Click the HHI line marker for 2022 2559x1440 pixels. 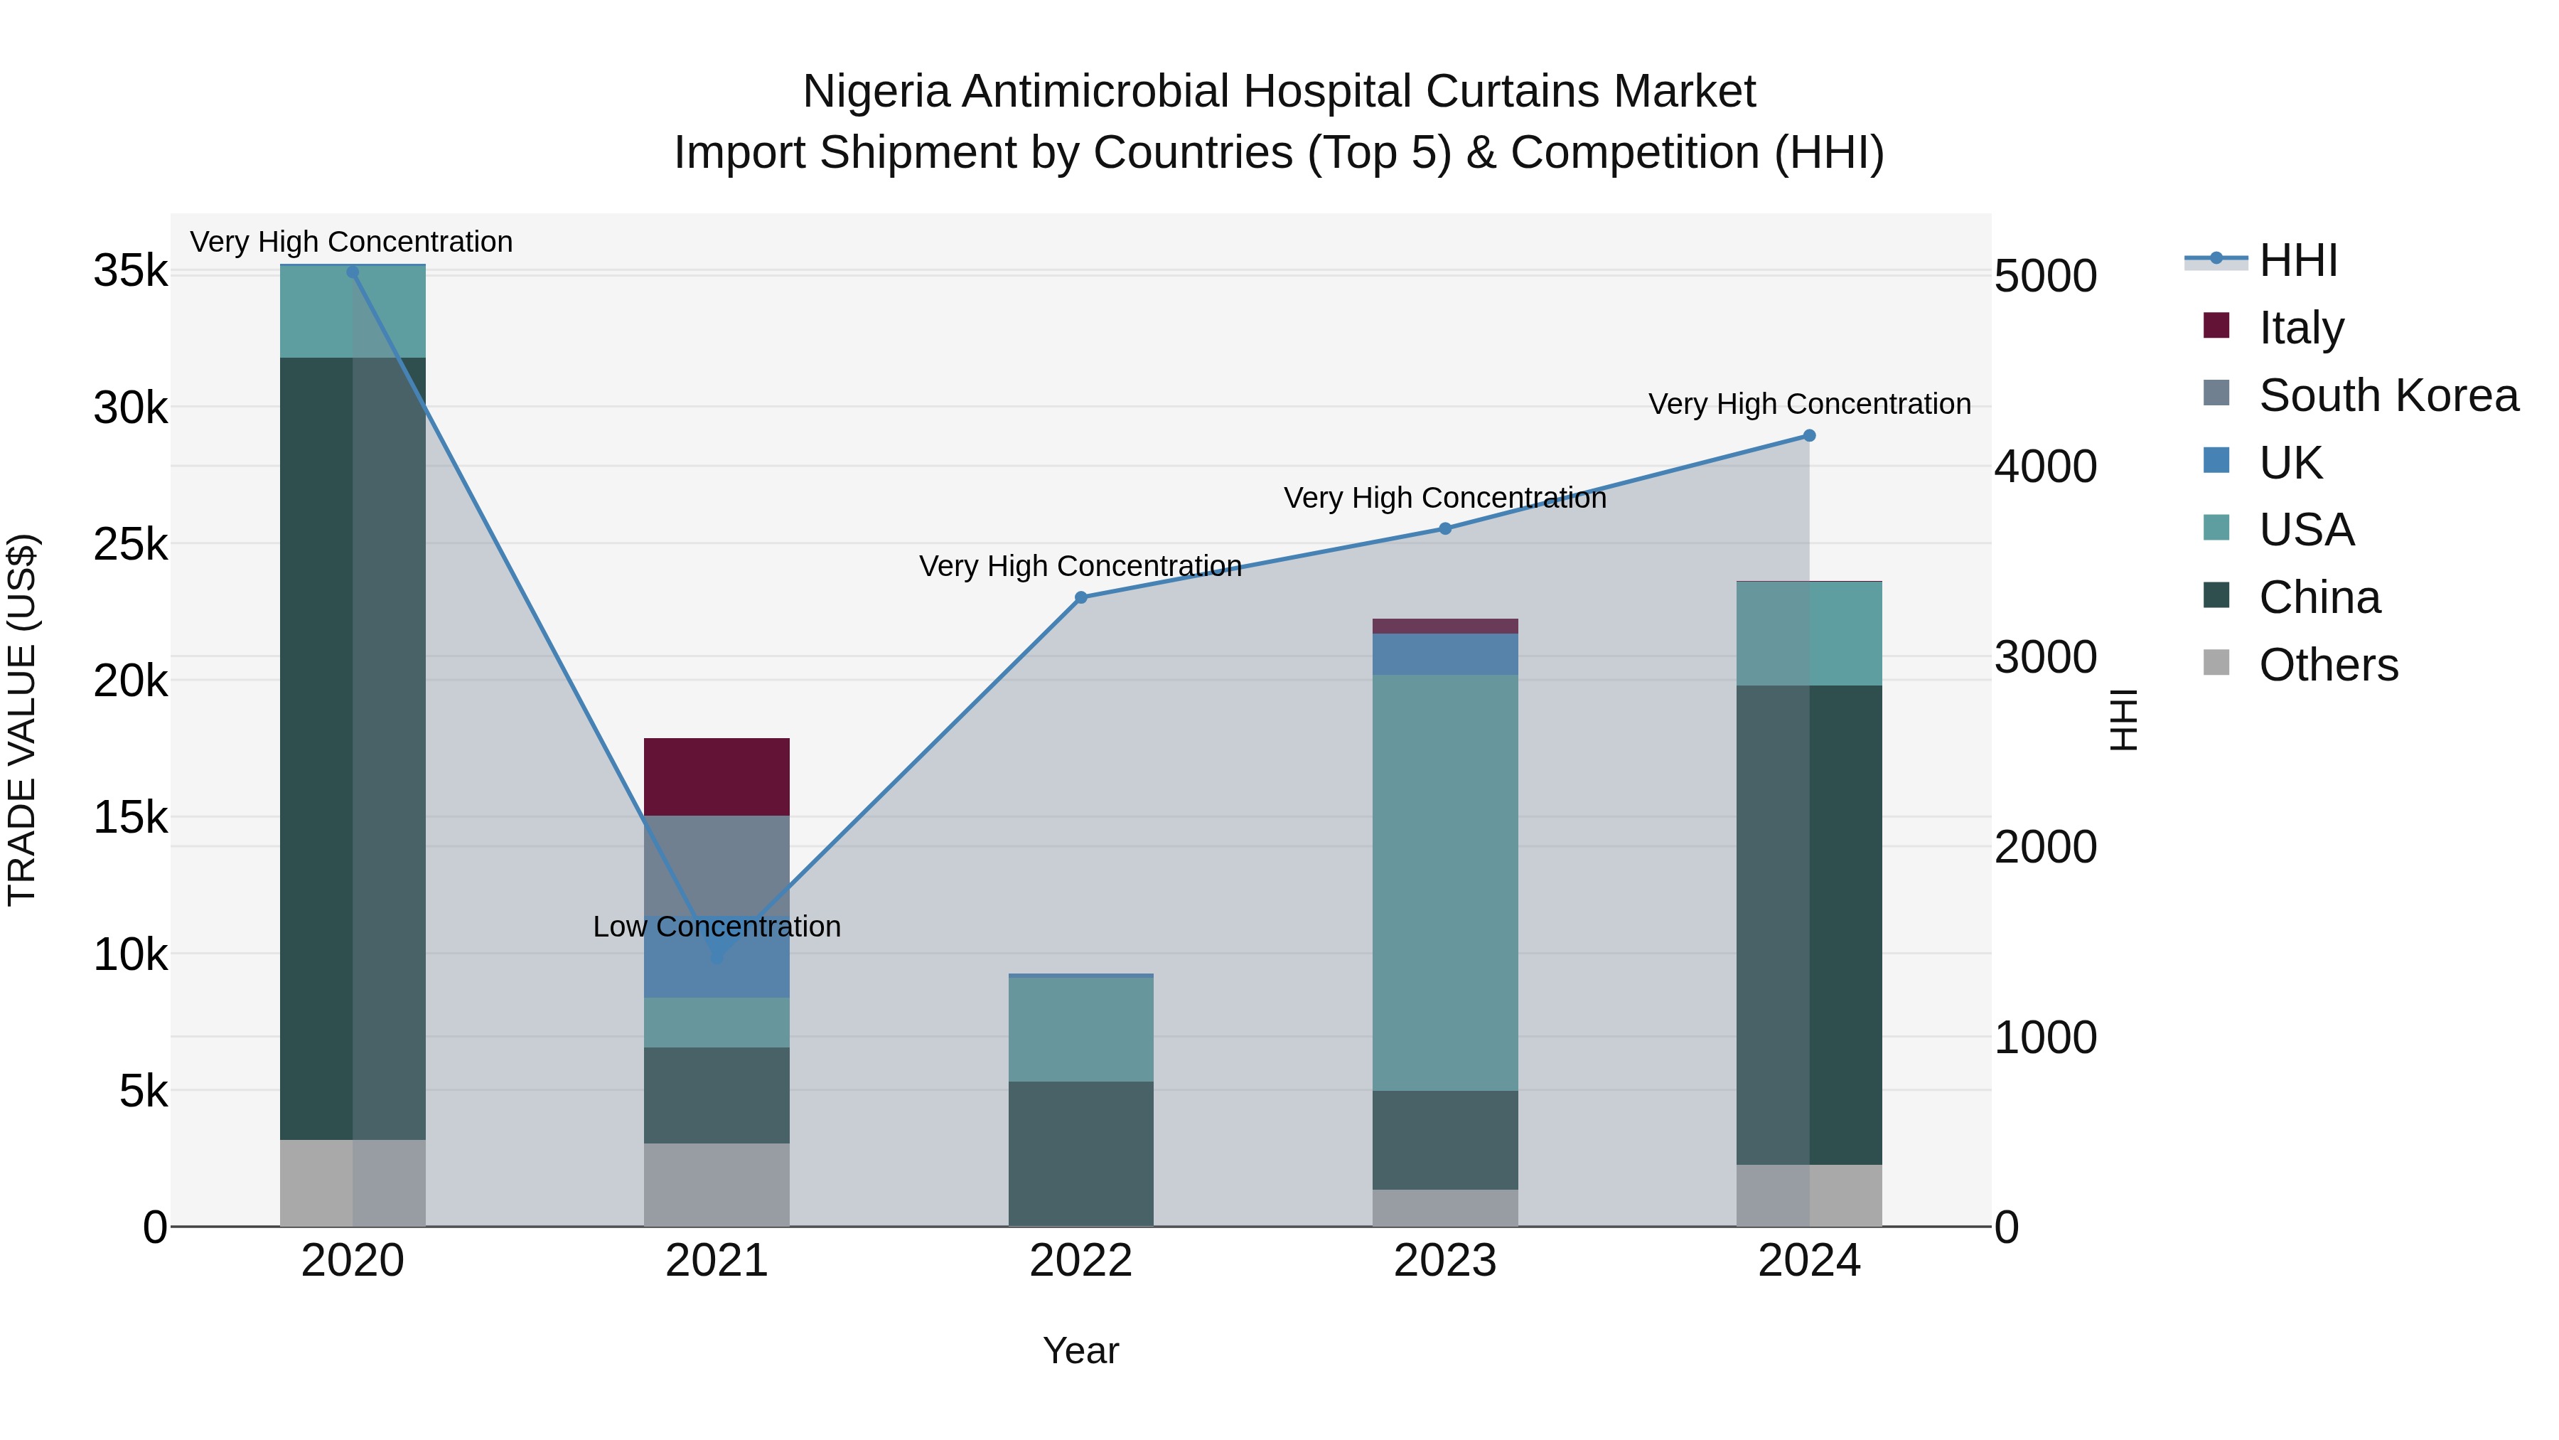point(1080,597)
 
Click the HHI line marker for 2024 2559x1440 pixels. point(1809,435)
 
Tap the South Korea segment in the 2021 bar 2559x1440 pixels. point(717,863)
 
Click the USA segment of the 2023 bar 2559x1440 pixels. point(1444,882)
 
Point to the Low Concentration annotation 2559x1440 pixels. point(717,926)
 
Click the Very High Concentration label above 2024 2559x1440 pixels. point(1809,405)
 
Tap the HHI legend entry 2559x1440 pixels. point(2297,260)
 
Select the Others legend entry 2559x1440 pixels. point(2327,665)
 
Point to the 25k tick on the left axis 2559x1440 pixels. point(130,543)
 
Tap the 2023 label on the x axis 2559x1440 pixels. point(1444,1261)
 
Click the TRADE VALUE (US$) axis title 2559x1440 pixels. point(23,720)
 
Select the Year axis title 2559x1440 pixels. point(1080,1350)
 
